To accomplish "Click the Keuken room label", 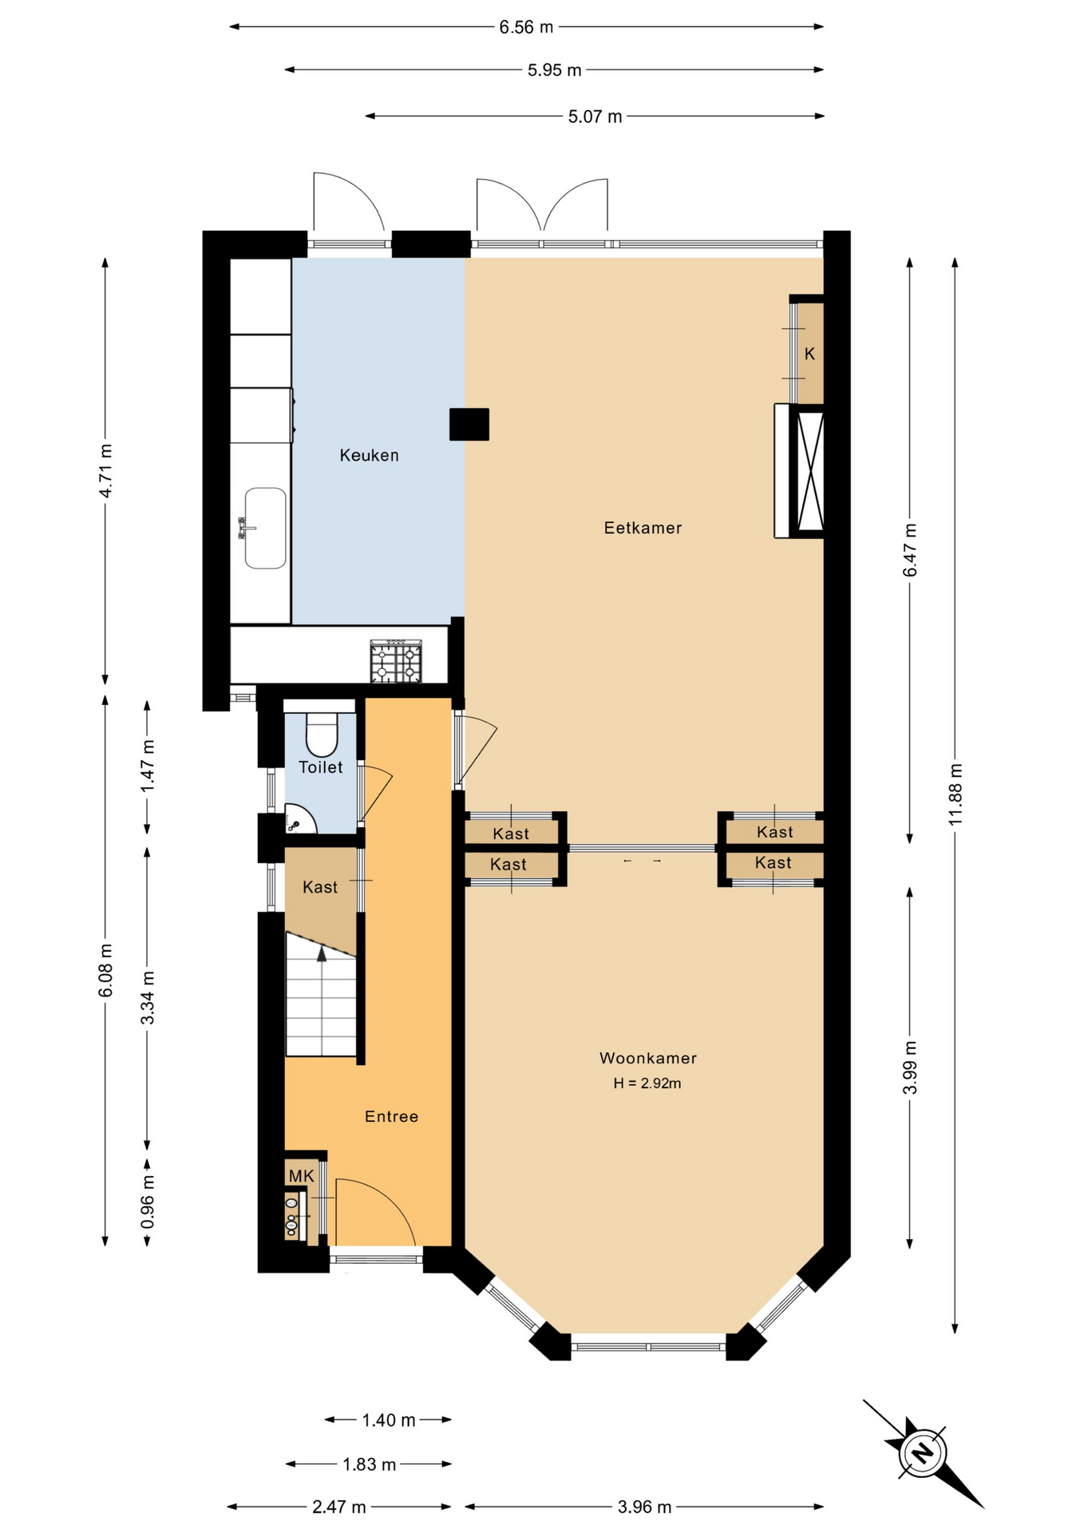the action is click(369, 455).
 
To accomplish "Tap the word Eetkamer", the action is click(643, 528).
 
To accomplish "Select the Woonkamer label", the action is click(648, 1058).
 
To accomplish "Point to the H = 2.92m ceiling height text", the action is click(647, 1083).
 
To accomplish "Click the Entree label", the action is click(391, 1116).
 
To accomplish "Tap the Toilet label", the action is click(321, 767).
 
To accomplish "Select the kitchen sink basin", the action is click(265, 528).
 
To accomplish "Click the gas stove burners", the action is click(396, 662).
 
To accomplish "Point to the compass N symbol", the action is click(923, 1452).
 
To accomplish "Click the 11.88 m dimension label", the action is click(955, 794).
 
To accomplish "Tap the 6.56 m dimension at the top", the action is click(526, 27).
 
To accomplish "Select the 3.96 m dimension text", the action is click(644, 1507).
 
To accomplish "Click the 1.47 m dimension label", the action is click(148, 766).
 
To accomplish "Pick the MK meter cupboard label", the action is click(302, 1175).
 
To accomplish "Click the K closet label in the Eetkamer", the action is click(809, 354).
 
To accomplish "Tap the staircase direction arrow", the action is click(322, 953).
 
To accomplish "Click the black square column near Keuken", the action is click(469, 424).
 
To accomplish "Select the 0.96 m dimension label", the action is click(148, 1202).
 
